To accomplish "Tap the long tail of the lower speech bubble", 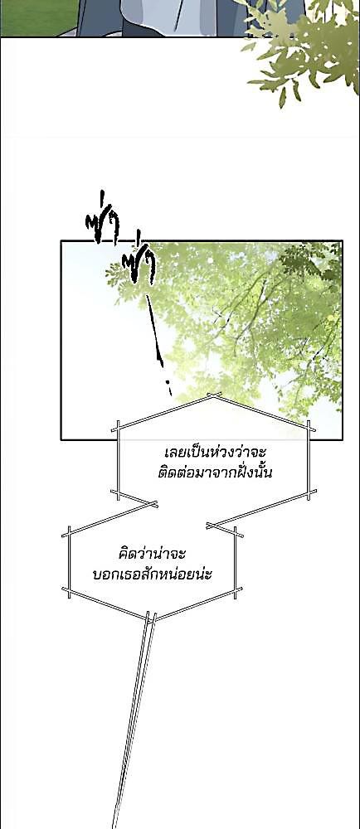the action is pos(134,719).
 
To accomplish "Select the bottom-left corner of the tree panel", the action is pos(61,439).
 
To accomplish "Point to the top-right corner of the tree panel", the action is pos(342,241).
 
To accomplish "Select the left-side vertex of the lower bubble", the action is pos(68,535).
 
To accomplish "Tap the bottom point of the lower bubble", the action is pos(149,617).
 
